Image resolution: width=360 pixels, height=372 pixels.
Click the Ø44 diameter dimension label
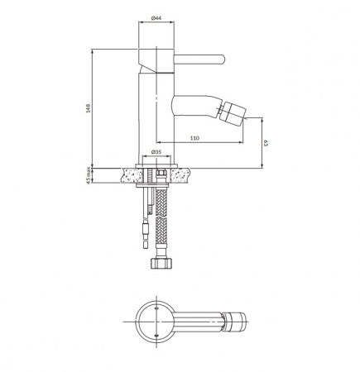tap(156, 18)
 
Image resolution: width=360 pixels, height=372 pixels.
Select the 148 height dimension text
tap(89, 108)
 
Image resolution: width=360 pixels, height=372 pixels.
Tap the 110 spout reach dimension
tap(194, 138)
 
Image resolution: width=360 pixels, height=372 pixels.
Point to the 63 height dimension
tap(266, 143)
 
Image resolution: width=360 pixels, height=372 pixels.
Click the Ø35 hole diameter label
tap(156, 152)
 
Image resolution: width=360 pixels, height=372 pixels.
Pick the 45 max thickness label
tap(89, 175)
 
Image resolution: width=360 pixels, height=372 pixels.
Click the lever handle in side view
tap(199, 60)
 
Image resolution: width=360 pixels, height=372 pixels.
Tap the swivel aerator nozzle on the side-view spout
tap(233, 112)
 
